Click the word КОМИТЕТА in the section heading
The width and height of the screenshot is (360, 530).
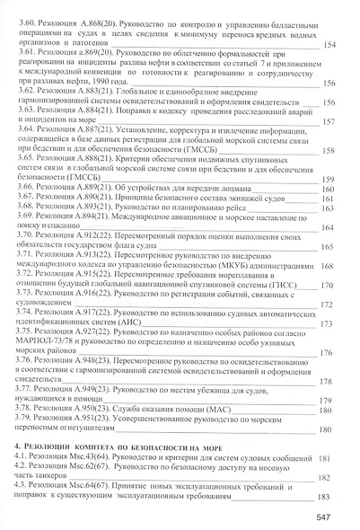click(x=101, y=446)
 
